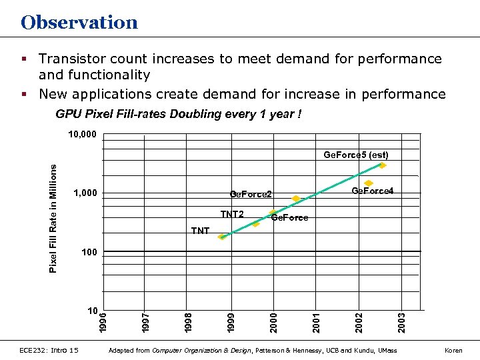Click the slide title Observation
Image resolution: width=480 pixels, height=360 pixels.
tap(79, 23)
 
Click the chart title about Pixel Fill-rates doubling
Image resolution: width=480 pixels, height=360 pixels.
tap(178, 114)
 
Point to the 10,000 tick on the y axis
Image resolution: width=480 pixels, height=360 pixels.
tap(83, 135)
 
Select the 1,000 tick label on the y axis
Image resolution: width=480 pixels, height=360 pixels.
tap(85, 193)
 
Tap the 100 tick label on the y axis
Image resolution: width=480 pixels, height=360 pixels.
tap(89, 252)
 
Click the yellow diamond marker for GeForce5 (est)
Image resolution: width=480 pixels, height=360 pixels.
tap(382, 165)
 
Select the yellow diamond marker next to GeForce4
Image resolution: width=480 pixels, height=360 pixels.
tap(369, 183)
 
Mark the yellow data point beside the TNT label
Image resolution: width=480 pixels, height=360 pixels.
tap(222, 237)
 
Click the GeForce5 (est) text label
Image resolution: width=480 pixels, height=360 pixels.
tap(356, 155)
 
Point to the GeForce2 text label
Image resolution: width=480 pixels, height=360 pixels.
tap(251, 195)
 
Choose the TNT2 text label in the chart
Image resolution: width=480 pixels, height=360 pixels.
tap(232, 214)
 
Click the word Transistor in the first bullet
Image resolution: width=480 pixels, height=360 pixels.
tap(73, 59)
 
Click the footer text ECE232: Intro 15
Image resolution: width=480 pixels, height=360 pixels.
tap(49, 350)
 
